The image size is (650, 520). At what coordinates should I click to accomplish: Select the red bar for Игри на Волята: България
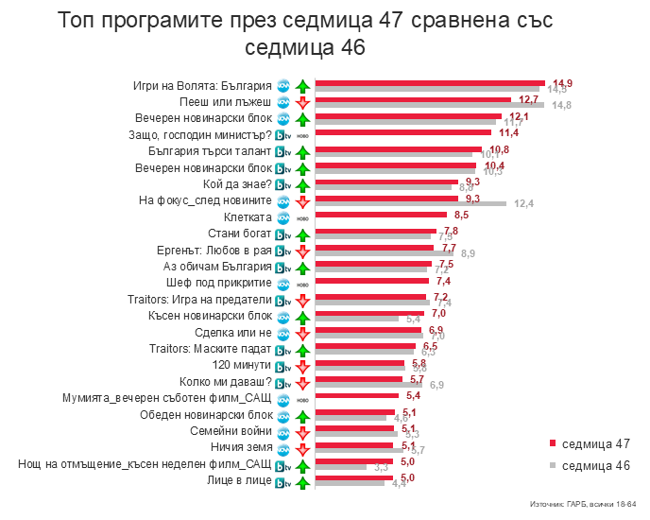pos(430,82)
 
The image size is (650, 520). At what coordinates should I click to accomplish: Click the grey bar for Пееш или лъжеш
pos(429,105)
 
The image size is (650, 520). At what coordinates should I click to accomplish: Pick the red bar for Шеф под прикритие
pos(371,282)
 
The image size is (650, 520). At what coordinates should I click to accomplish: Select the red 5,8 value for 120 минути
pos(419,363)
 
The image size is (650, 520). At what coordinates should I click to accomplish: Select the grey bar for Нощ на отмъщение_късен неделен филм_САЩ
pos(340,467)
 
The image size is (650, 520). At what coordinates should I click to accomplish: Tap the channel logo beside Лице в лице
pos(282,482)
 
